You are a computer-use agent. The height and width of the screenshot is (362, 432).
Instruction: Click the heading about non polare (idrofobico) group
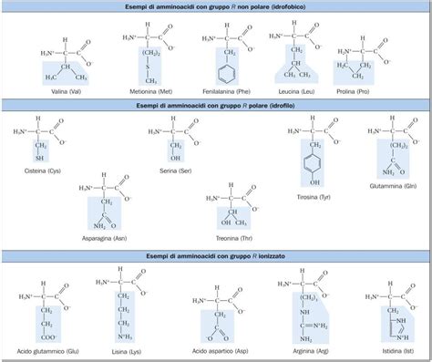click(216, 7)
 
